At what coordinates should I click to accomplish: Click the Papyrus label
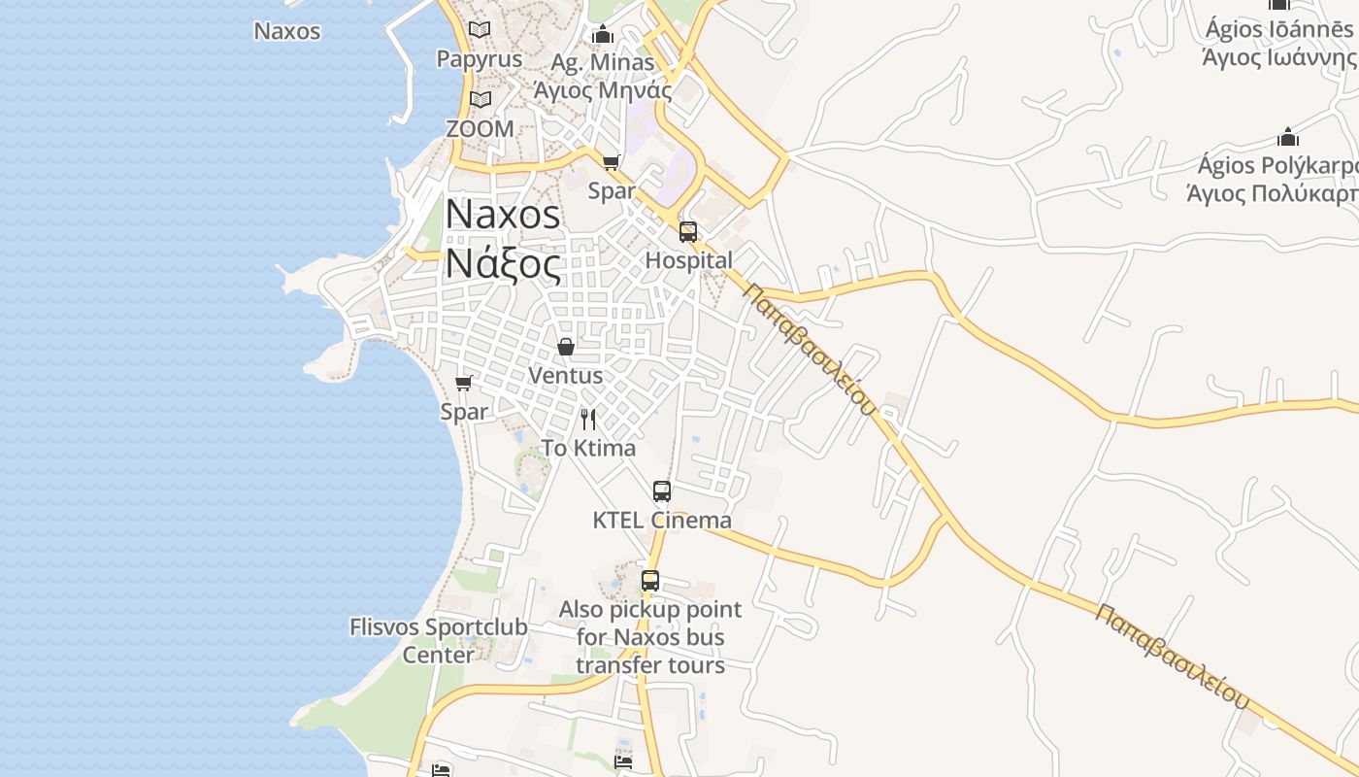480,58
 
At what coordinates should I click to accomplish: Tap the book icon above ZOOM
480,99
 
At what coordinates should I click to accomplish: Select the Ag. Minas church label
603,77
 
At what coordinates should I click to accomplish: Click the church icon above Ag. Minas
603,35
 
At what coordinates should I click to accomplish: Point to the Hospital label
688,260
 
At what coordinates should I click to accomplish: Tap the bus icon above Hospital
688,231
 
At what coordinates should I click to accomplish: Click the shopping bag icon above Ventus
566,346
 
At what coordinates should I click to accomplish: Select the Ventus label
565,375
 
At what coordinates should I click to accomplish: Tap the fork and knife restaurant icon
588,420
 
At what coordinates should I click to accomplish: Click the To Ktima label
588,448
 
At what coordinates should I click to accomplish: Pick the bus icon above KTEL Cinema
662,491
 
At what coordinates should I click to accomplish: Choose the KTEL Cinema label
662,520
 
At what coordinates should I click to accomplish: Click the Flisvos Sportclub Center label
439,640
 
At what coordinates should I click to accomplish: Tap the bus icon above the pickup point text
650,581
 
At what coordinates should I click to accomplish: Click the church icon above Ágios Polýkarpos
1288,137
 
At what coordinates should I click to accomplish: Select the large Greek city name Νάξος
503,263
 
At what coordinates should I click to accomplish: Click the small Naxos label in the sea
287,31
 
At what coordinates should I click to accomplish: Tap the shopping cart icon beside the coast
464,383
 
